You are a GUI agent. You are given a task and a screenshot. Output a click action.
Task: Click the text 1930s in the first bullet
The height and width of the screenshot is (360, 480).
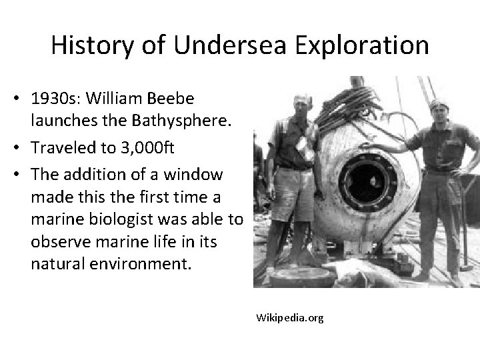point(49,98)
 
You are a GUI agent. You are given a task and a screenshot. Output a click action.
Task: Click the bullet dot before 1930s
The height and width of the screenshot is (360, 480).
point(22,98)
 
